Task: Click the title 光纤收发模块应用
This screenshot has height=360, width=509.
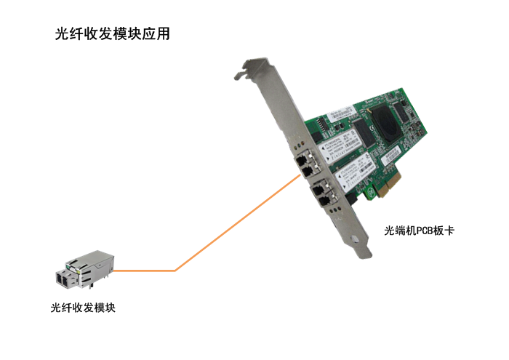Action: [x=112, y=33]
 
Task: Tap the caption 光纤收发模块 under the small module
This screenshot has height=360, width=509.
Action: [x=83, y=308]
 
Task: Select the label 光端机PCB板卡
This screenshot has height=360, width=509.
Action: [x=419, y=231]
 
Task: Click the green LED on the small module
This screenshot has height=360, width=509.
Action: [x=68, y=267]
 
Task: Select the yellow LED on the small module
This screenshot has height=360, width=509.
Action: [x=78, y=271]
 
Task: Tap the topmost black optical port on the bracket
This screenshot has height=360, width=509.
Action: [x=301, y=160]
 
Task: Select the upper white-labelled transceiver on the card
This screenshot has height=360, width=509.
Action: [x=340, y=145]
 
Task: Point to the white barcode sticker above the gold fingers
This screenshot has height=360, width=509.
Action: [x=390, y=155]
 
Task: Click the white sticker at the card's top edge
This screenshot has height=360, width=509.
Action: [x=340, y=113]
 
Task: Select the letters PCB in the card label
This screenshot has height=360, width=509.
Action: [x=425, y=231]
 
